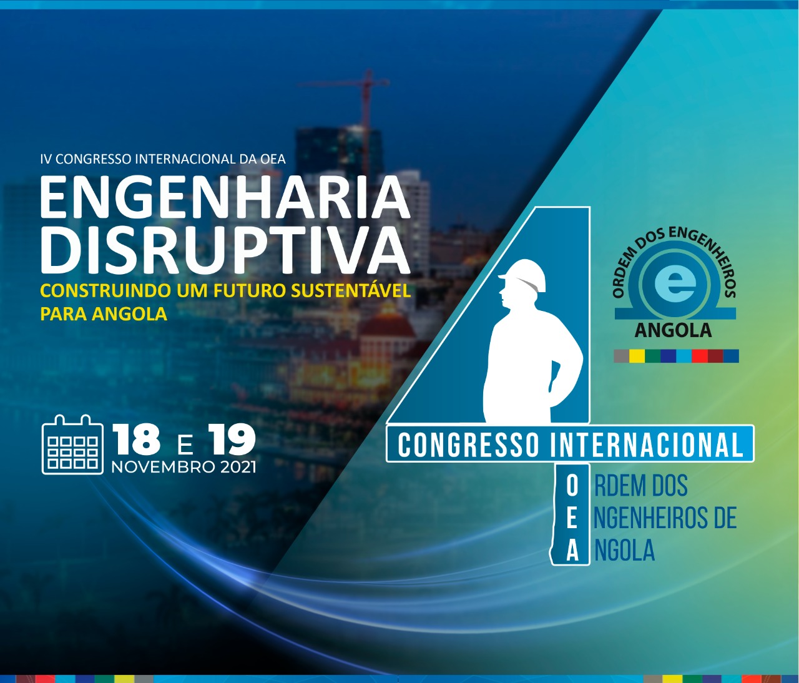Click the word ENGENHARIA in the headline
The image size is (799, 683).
pyautogui.click(x=225, y=199)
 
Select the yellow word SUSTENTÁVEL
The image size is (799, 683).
pyautogui.click(x=351, y=291)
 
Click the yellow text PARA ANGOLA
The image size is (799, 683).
pyautogui.click(x=104, y=314)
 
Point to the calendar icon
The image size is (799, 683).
pyautogui.click(x=72, y=445)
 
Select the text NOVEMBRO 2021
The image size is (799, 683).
pyautogui.click(x=184, y=468)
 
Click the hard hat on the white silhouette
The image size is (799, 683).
pyautogui.click(x=522, y=275)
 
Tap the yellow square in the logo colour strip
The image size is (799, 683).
pyautogui.click(x=637, y=356)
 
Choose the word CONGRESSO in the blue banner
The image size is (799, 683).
pyautogui.click(x=468, y=445)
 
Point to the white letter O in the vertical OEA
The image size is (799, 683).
pyautogui.click(x=572, y=487)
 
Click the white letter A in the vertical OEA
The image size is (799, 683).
pyautogui.click(x=572, y=551)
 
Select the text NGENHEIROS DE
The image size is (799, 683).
pyautogui.click(x=665, y=518)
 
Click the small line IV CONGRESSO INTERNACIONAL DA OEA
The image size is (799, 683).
pyautogui.click(x=163, y=159)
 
